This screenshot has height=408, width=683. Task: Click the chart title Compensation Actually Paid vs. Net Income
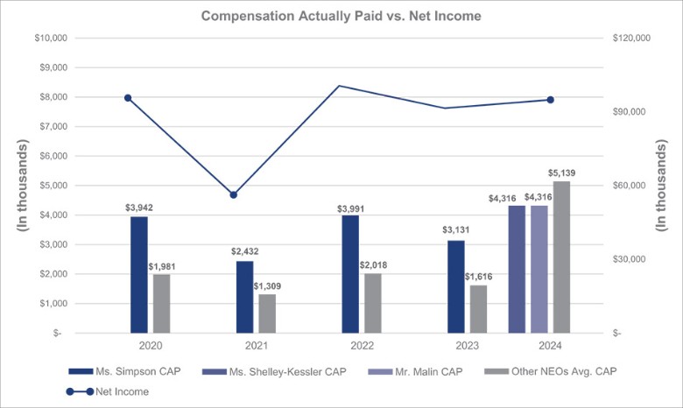click(341, 16)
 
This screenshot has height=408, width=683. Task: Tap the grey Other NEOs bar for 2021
click(267, 313)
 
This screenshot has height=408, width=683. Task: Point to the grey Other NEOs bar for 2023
click(478, 308)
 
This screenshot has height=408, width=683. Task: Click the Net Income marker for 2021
click(234, 194)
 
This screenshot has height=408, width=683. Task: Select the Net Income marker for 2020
click(128, 98)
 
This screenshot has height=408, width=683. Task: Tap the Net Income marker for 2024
click(551, 100)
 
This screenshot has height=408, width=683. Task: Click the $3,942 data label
click(138, 208)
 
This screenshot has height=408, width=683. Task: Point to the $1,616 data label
click(478, 277)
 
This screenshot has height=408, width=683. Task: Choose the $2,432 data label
click(244, 252)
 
